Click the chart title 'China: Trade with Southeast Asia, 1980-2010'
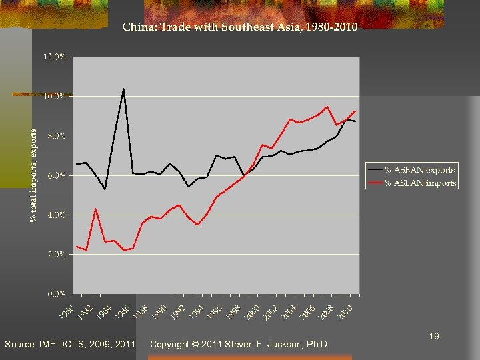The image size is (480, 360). pos(240,27)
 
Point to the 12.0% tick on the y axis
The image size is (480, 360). pos(55,57)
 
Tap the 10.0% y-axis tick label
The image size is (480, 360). pos(55,97)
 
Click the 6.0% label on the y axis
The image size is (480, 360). pos(56,175)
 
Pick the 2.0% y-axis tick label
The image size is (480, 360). pos(56,254)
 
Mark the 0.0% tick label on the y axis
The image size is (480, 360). pos(56,293)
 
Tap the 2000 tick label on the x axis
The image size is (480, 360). pos(251,310)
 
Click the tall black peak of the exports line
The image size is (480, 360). pos(123,88)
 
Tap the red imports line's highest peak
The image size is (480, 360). pos(327,107)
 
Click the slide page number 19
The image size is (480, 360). pos(434,337)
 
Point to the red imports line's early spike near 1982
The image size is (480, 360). pos(96,209)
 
